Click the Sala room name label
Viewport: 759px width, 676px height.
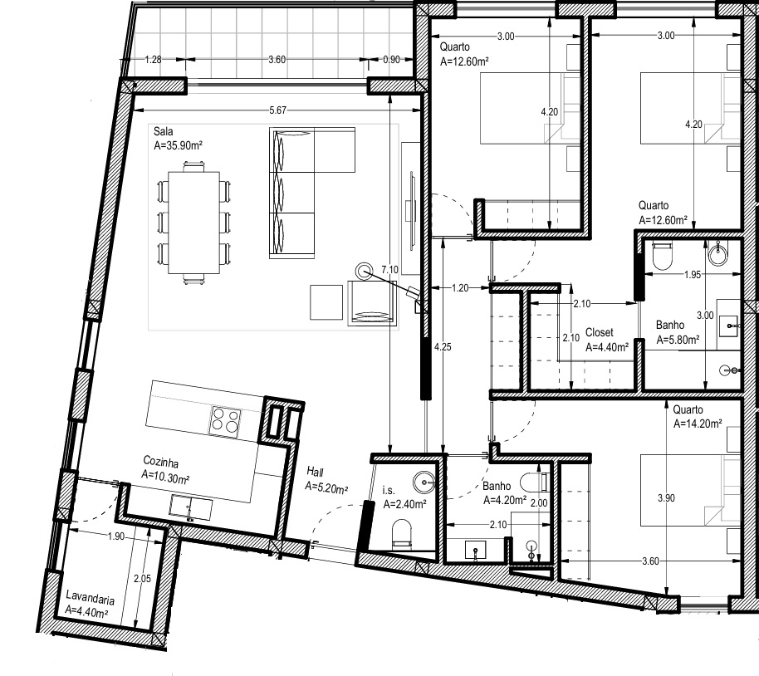point(163,131)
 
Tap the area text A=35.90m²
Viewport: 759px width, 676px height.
point(179,145)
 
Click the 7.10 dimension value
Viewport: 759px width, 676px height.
point(389,269)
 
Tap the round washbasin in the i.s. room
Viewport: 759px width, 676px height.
point(425,479)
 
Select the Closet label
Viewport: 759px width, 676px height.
point(599,332)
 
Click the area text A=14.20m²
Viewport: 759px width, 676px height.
point(698,423)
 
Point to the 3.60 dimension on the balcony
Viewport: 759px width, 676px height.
point(277,59)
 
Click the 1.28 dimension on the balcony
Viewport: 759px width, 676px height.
point(152,59)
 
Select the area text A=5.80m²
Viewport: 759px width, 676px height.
point(678,340)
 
